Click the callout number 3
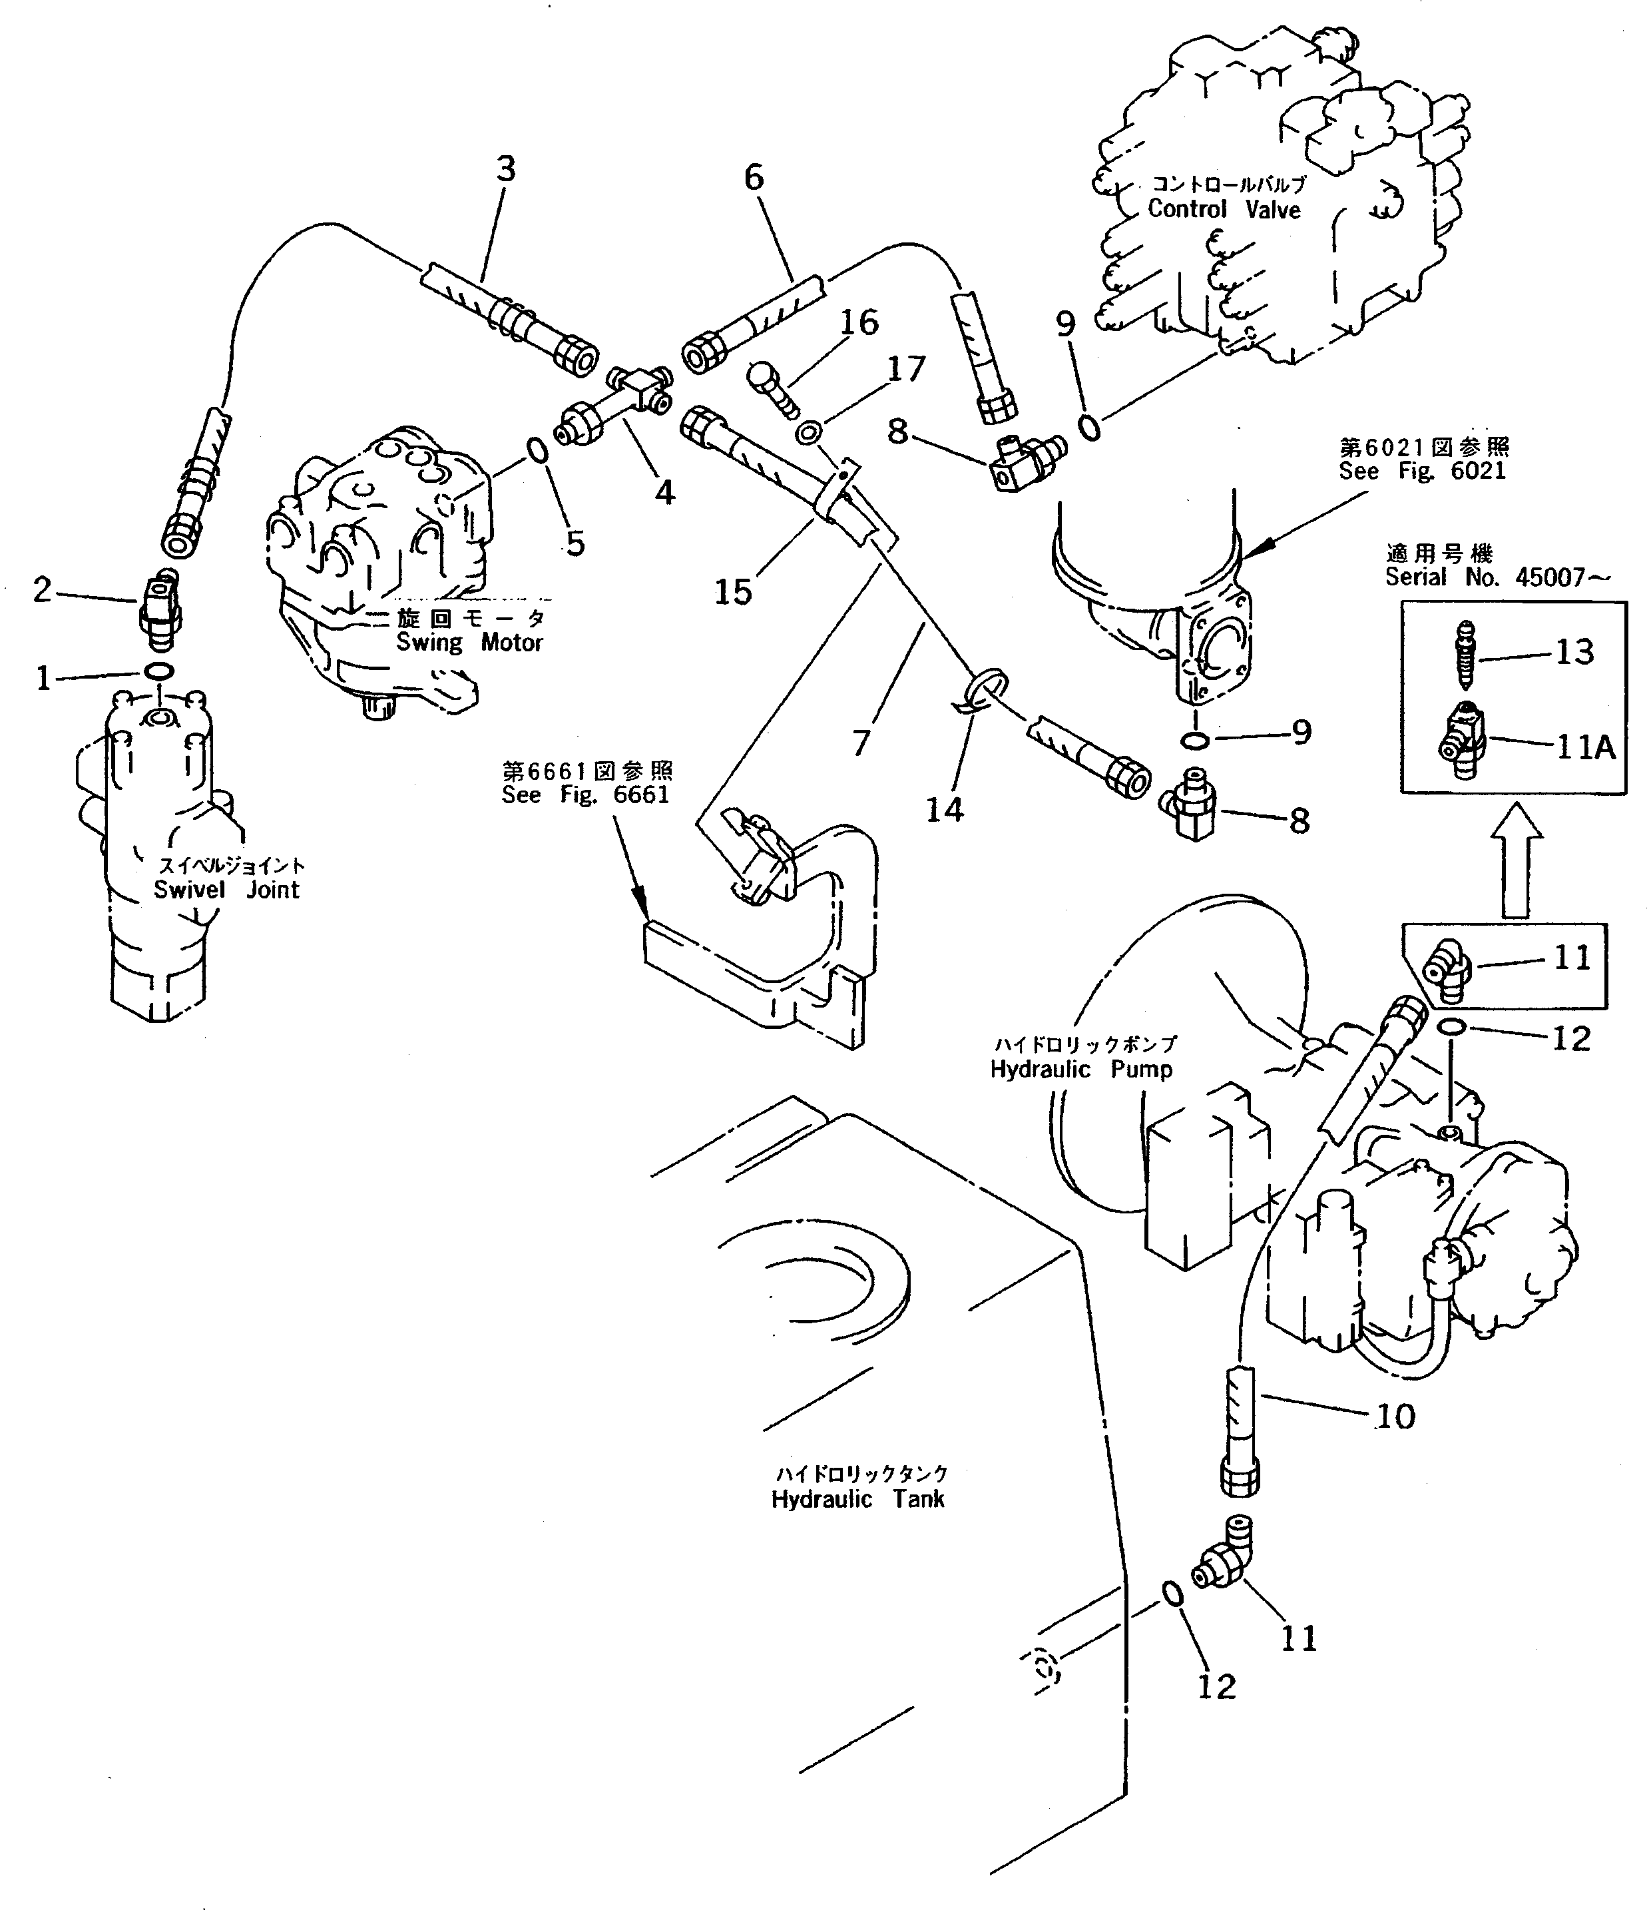click(x=506, y=170)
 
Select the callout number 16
click(x=858, y=322)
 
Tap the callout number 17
click(x=905, y=370)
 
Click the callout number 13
click(x=1574, y=652)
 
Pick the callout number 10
click(x=1395, y=1417)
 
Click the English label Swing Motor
click(x=469, y=643)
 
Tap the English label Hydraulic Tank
click(x=857, y=1500)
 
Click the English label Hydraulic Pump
click(x=1080, y=1070)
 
